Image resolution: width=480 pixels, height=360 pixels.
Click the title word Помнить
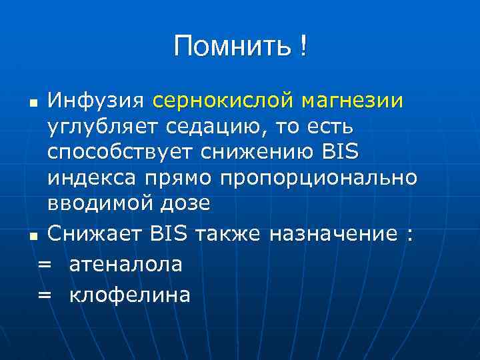coord(231,47)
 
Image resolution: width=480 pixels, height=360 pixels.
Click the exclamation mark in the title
coord(304,47)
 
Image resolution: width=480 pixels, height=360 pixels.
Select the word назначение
coord(336,235)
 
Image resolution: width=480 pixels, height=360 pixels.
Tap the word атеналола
coord(125,264)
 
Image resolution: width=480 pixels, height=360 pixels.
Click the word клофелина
coord(129,294)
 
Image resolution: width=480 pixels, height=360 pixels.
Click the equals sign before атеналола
coord(45,265)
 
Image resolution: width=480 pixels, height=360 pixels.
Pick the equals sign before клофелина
coord(45,295)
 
